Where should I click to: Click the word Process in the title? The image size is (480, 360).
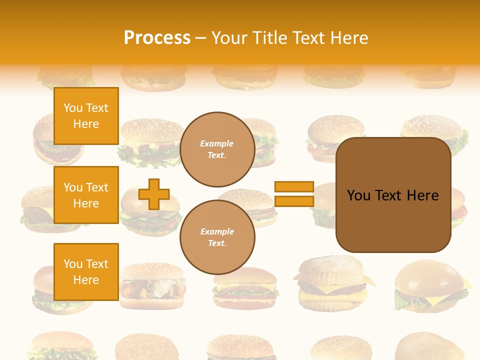pyautogui.click(x=157, y=38)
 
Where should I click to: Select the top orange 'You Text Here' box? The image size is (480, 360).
pyautogui.click(x=86, y=116)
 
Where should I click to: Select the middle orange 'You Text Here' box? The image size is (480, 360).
pyautogui.click(x=86, y=195)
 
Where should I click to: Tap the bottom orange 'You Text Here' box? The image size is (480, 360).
pyautogui.click(x=86, y=271)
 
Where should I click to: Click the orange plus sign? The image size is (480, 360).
pyautogui.click(x=154, y=194)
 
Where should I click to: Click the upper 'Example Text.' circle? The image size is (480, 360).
pyautogui.click(x=217, y=149)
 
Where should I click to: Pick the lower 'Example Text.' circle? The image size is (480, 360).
pyautogui.click(x=217, y=237)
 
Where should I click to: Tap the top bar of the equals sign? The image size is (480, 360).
pyautogui.click(x=294, y=187)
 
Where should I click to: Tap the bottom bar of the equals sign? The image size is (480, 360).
pyautogui.click(x=294, y=201)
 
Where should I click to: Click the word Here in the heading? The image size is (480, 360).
pyautogui.click(x=348, y=38)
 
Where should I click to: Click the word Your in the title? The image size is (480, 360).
pyautogui.click(x=229, y=38)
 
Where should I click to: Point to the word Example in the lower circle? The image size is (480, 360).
pyautogui.click(x=217, y=232)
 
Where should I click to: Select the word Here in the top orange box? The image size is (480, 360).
pyautogui.click(x=86, y=124)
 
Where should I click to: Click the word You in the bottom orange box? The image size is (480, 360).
pyautogui.click(x=72, y=264)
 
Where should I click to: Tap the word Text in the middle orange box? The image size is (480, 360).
pyautogui.click(x=97, y=187)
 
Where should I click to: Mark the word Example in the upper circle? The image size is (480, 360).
pyautogui.click(x=217, y=144)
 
